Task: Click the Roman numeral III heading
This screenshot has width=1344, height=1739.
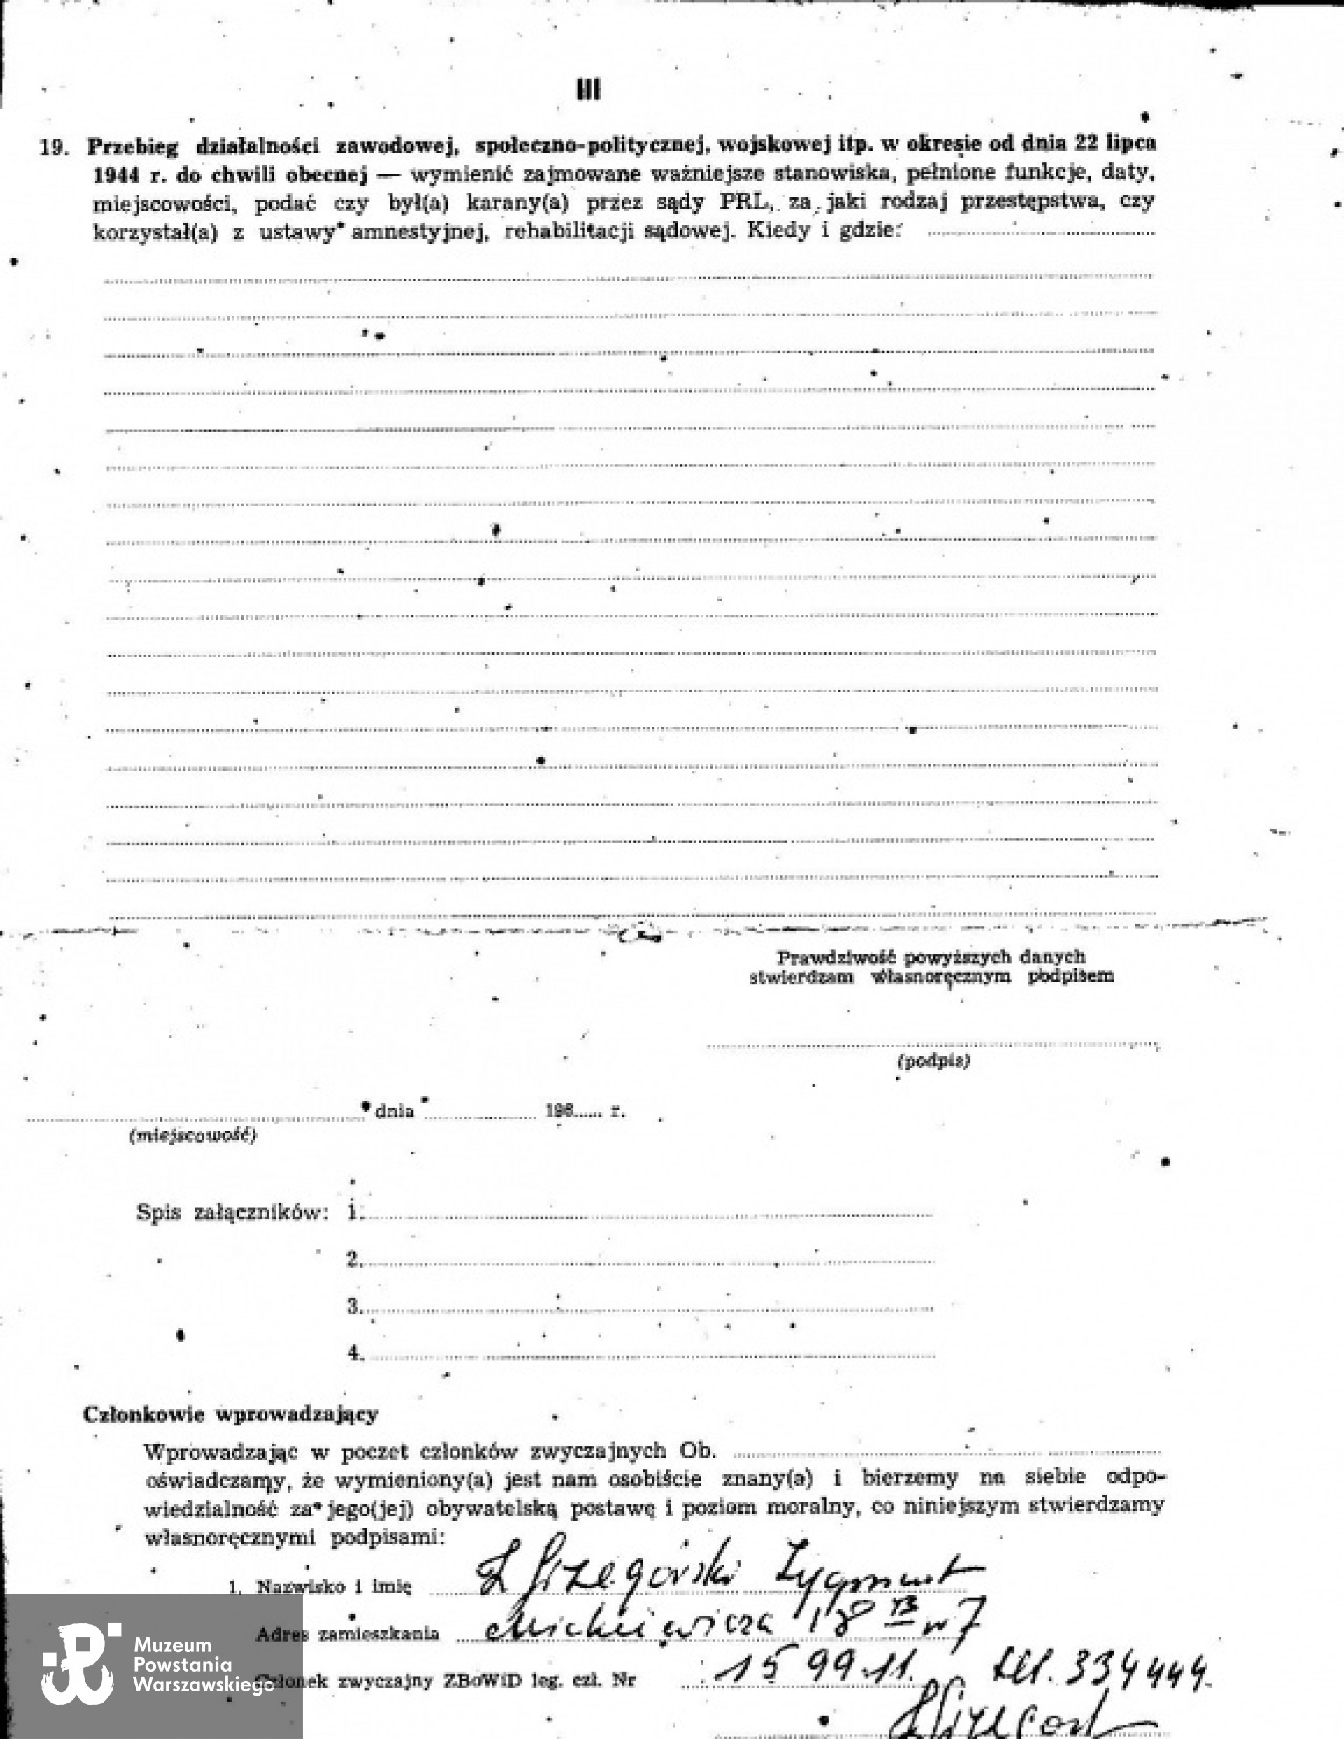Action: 589,90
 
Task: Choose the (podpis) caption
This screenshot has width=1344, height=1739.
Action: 934,1061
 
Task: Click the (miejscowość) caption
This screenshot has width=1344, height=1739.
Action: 192,1136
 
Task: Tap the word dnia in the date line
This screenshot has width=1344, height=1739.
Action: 394,1111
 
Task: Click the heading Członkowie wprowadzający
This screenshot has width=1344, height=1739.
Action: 231,1415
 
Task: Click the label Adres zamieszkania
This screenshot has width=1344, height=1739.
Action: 347,1635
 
